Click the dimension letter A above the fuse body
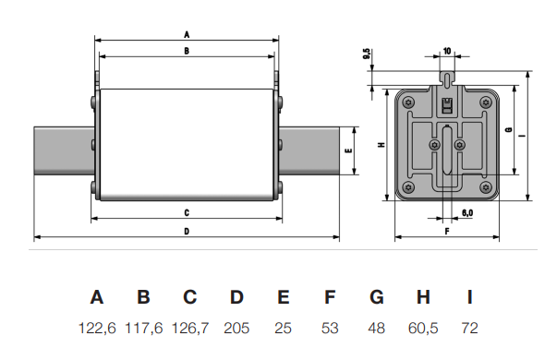[x=187, y=33]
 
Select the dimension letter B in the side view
[x=187, y=52]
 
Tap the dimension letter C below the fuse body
[x=187, y=213]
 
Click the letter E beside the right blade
[x=348, y=150]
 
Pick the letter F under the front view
[x=447, y=232]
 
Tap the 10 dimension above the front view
[x=447, y=51]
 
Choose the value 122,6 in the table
[x=97, y=328]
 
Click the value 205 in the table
[x=236, y=328]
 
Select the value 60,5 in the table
[x=423, y=328]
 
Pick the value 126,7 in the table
[x=190, y=328]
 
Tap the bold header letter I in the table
[x=470, y=297]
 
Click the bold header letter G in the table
[x=377, y=297]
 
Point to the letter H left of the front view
[x=381, y=145]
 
